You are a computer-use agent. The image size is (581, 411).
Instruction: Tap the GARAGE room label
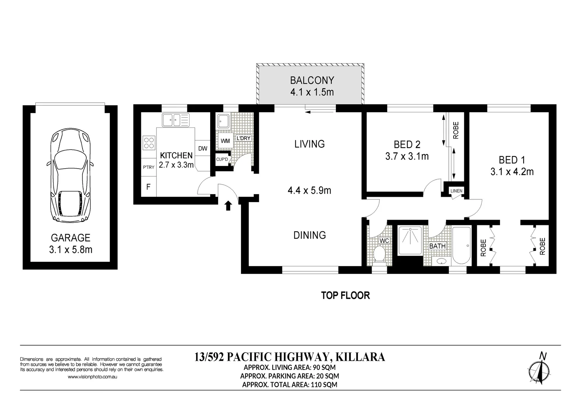click(x=71, y=238)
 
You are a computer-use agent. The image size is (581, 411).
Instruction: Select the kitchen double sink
click(x=176, y=120)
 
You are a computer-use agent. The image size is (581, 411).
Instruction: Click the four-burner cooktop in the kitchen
click(x=149, y=143)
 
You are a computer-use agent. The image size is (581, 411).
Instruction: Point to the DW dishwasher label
click(x=203, y=148)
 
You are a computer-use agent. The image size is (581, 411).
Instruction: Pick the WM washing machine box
click(x=225, y=141)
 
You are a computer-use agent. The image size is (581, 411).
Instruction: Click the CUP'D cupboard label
click(x=222, y=159)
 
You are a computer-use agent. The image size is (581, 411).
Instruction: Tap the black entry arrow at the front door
click(x=228, y=205)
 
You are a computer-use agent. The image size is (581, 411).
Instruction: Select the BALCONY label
click(x=312, y=81)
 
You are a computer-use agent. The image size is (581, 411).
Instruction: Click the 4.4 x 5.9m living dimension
click(x=309, y=190)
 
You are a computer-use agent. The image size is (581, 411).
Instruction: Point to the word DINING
click(x=310, y=235)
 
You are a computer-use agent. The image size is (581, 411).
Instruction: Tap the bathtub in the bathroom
click(x=461, y=245)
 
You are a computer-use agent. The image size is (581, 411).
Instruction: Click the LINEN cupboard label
click(x=456, y=191)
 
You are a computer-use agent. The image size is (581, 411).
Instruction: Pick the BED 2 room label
click(x=407, y=145)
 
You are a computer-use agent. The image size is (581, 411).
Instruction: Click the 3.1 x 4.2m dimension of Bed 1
click(x=512, y=172)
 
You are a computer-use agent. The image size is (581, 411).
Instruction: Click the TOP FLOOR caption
click(x=345, y=295)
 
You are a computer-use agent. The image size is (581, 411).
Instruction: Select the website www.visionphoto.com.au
click(x=92, y=377)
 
